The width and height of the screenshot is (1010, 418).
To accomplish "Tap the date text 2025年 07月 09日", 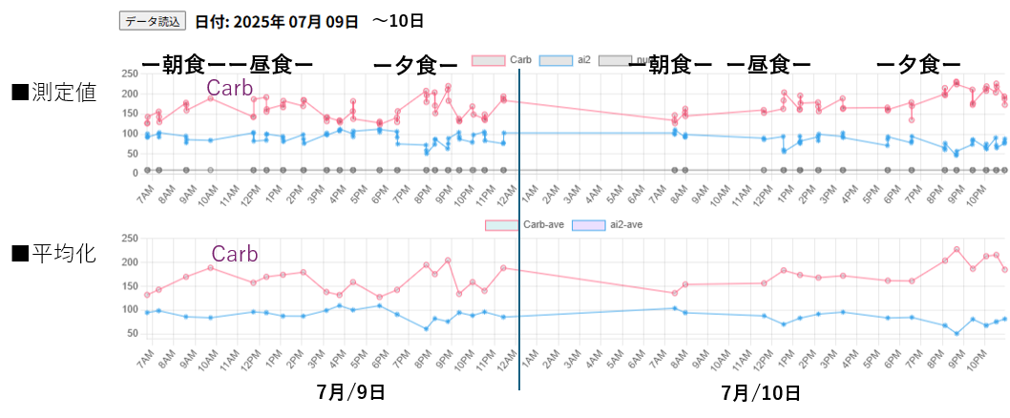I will click(277, 20).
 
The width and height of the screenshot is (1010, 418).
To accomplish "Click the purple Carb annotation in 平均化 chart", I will click(233, 254).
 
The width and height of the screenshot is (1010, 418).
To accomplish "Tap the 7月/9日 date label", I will click(350, 391).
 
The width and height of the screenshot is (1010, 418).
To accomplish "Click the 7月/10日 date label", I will click(760, 392).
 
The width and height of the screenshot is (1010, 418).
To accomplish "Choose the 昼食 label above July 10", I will click(769, 64).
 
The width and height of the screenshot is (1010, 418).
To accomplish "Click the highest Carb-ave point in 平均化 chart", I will click(956, 250).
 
